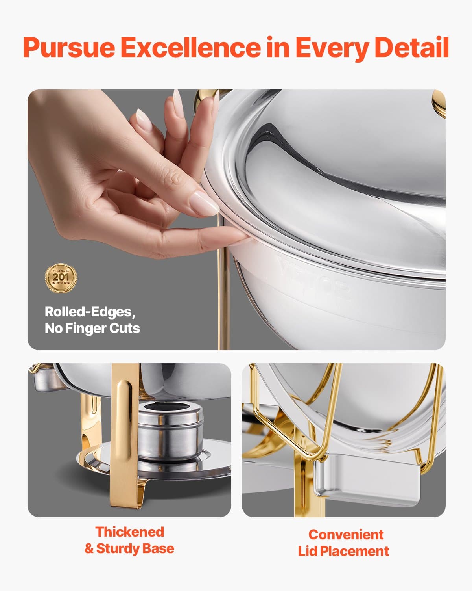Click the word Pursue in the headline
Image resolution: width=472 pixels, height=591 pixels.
click(68, 48)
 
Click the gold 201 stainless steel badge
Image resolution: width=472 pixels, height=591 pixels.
click(61, 278)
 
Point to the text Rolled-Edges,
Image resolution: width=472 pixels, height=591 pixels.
click(90, 312)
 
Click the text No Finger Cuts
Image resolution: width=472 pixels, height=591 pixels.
click(92, 328)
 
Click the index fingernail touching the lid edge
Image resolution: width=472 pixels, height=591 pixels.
click(205, 203)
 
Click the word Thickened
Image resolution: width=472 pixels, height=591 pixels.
click(129, 532)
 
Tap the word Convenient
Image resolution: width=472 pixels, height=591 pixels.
click(346, 535)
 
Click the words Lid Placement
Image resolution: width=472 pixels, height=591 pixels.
click(343, 551)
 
